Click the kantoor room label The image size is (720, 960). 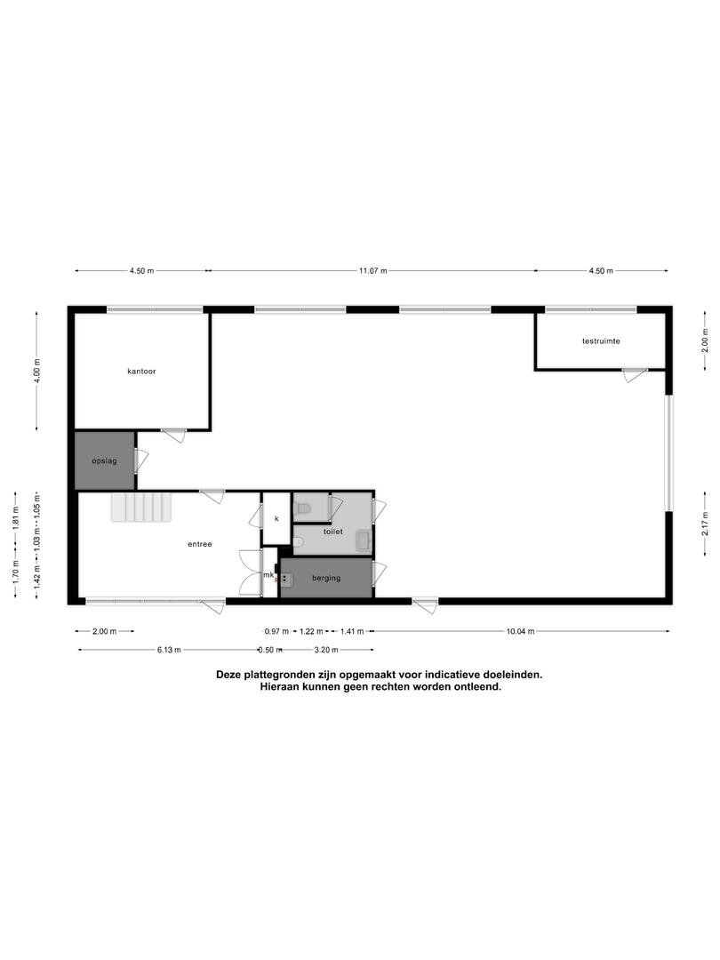tap(141, 371)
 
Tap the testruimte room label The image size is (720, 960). tap(601, 341)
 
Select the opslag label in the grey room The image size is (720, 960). tap(104, 460)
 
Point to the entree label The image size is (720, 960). tap(200, 544)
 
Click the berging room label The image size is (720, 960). tap(325, 578)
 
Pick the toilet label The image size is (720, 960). tap(333, 532)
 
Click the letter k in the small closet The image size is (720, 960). tap(276, 518)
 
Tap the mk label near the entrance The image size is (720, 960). tap(268, 575)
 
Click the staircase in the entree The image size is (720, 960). tap(140, 508)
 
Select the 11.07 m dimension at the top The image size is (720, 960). tap(372, 270)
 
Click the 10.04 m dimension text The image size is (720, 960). tap(520, 631)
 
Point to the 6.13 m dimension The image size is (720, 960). tap(168, 650)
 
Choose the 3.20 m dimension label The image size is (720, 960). tap(326, 650)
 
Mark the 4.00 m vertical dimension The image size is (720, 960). tap(37, 371)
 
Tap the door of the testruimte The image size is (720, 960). tap(635, 375)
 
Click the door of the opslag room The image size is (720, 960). tap(140, 460)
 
